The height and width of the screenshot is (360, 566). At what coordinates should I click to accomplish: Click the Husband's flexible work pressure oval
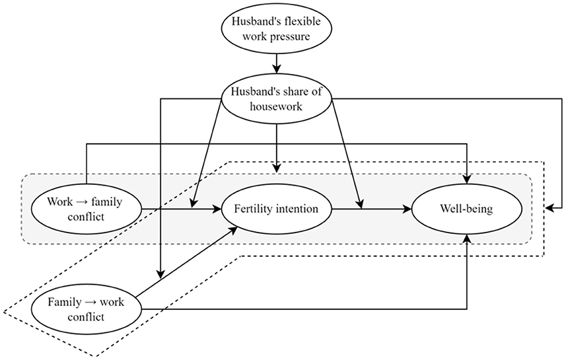[277, 30]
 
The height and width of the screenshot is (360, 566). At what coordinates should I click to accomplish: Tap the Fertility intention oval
[277, 209]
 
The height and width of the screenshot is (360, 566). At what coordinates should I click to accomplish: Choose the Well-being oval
[467, 209]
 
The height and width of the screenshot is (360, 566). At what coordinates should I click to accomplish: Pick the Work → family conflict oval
[87, 209]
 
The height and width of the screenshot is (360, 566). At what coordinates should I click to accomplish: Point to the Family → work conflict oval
[87, 308]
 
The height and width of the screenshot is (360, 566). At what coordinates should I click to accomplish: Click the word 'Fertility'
[255, 209]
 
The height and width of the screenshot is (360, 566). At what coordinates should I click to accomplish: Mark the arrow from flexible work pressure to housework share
[277, 63]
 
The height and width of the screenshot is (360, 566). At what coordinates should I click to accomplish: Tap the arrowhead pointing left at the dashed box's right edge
[550, 209]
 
